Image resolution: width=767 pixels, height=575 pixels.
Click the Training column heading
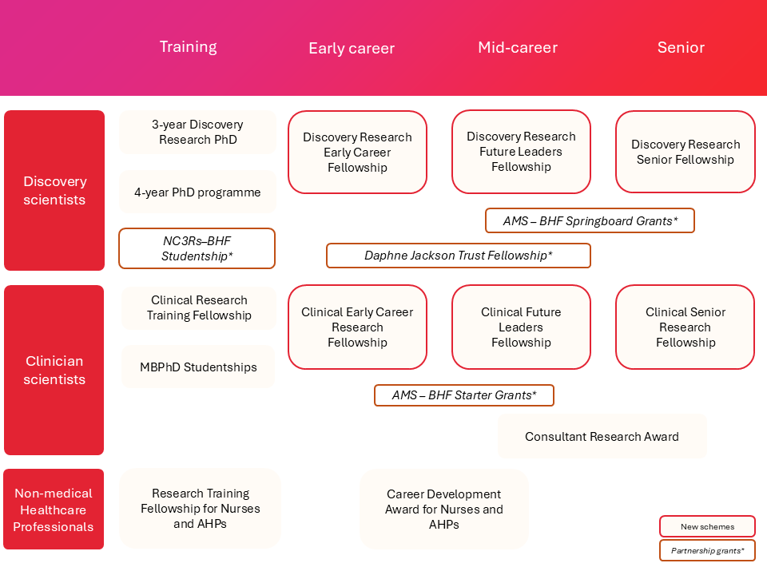click(x=188, y=47)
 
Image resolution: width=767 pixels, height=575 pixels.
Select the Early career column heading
click(x=352, y=49)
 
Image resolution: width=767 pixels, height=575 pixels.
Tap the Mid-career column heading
click(x=518, y=48)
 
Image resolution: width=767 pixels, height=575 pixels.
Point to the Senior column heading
click(x=681, y=48)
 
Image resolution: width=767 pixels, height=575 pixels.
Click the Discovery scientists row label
click(x=54, y=191)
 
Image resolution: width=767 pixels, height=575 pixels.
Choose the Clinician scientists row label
click(x=54, y=370)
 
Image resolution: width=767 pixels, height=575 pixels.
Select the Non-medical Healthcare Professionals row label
click(x=54, y=510)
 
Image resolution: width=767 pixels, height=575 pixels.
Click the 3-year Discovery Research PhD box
click(x=197, y=133)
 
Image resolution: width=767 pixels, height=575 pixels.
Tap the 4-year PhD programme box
click(x=197, y=192)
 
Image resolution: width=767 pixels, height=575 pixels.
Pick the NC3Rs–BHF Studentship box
click(x=197, y=248)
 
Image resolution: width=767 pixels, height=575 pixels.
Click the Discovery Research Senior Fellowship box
click(x=685, y=152)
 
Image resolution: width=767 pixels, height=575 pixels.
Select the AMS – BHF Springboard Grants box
click(x=590, y=220)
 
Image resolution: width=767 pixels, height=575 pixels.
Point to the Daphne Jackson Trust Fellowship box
click(x=458, y=256)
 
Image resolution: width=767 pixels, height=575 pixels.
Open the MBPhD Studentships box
click(x=198, y=367)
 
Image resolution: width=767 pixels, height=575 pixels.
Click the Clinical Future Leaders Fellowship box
click(x=521, y=327)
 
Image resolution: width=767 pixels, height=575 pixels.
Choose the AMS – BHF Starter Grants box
click(x=463, y=395)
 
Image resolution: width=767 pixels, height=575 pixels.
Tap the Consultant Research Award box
click(x=602, y=437)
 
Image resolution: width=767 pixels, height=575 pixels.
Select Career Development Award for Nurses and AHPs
click(x=443, y=510)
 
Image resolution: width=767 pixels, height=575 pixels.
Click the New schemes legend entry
click(x=707, y=526)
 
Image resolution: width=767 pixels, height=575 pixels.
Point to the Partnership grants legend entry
click(x=707, y=551)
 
